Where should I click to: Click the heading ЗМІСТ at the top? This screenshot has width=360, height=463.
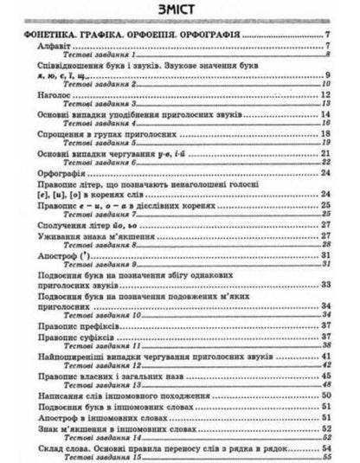180,10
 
